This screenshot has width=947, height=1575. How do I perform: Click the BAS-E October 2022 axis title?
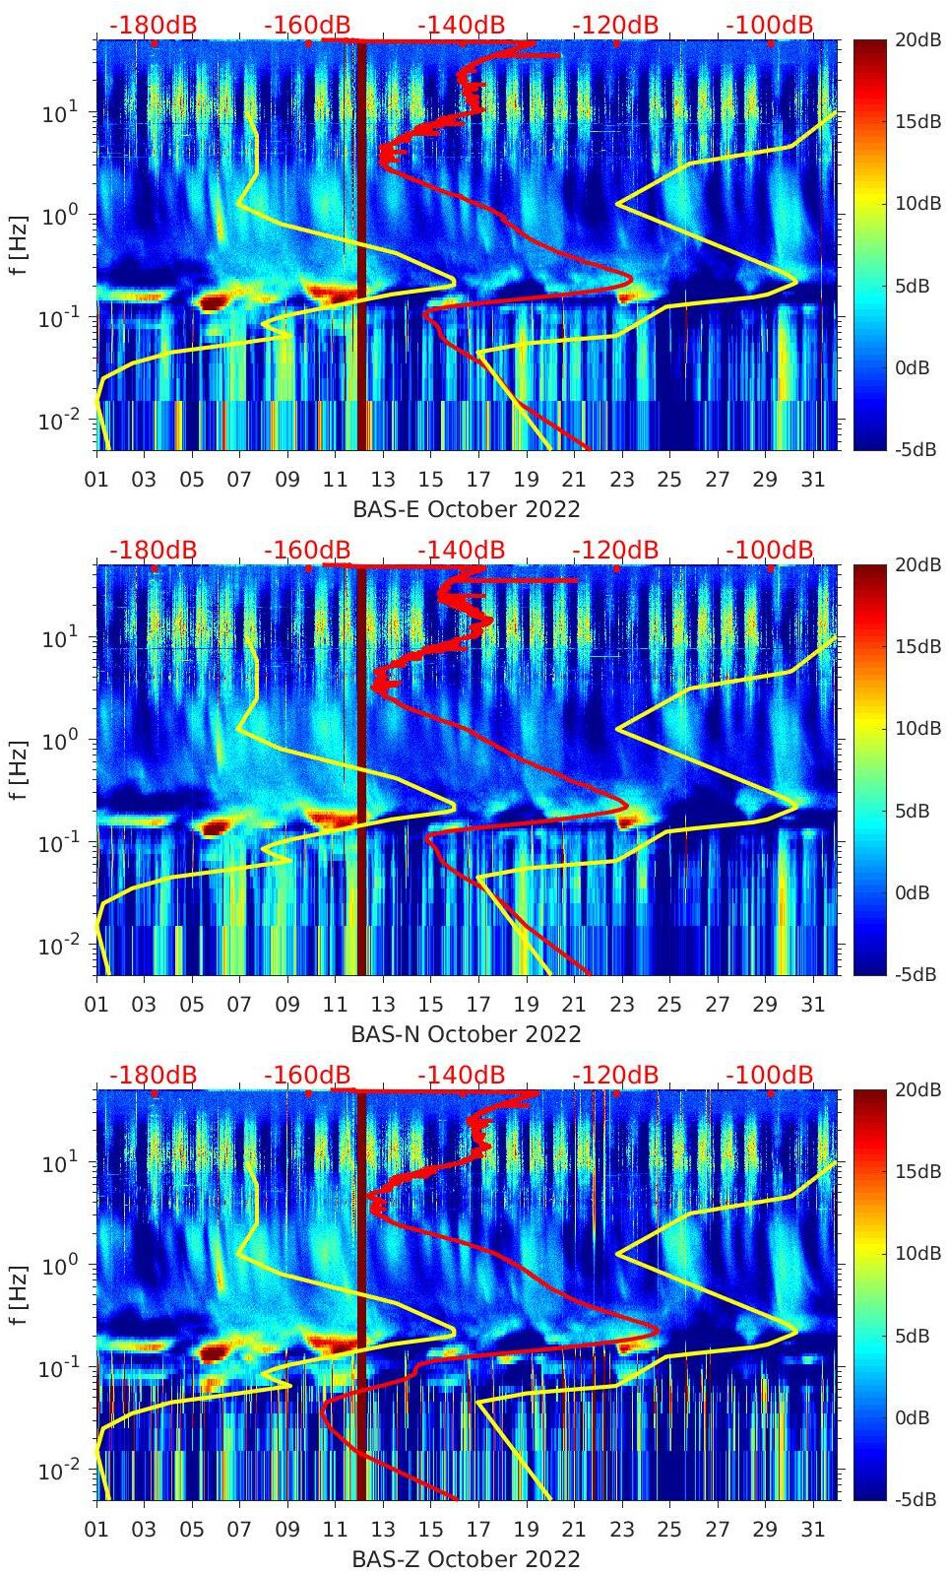point(466,509)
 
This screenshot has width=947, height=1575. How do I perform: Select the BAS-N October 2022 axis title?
point(466,1034)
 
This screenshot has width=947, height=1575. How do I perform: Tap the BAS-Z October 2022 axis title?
point(466,1559)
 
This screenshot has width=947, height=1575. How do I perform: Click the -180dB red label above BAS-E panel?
point(153,25)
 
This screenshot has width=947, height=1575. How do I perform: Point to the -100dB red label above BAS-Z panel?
point(770,1075)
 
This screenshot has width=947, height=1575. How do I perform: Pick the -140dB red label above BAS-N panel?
point(461,550)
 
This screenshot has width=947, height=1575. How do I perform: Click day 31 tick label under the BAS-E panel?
point(812,480)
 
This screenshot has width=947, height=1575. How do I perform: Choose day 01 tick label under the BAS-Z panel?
point(96,1530)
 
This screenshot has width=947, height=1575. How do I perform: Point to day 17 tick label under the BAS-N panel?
point(478,1005)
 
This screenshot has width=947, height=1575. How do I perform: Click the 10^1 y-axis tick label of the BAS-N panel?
point(59,637)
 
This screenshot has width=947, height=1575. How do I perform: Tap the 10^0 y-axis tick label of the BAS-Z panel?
point(59,1265)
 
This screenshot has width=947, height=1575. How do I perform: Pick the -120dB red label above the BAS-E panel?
point(615,25)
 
